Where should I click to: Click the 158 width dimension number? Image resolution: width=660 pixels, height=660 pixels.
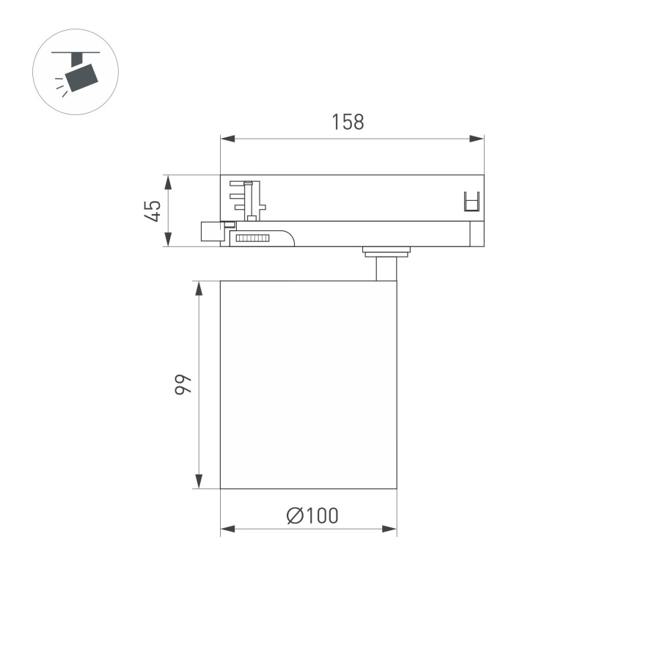[348, 122]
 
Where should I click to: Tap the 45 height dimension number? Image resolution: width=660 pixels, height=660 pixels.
[153, 211]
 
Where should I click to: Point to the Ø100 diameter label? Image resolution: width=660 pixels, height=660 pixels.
[312, 516]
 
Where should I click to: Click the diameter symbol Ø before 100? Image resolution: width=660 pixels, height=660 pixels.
[295, 516]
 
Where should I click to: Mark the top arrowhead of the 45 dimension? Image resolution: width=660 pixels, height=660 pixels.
[168, 180]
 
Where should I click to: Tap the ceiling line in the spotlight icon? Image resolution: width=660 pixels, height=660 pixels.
[75, 53]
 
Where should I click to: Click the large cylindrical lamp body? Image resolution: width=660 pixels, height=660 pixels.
[308, 384]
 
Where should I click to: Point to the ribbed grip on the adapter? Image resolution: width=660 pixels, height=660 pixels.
[251, 238]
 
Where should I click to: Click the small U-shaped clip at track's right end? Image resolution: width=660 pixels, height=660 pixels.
[472, 200]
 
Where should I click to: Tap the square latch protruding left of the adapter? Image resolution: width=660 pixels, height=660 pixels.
[210, 231]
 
